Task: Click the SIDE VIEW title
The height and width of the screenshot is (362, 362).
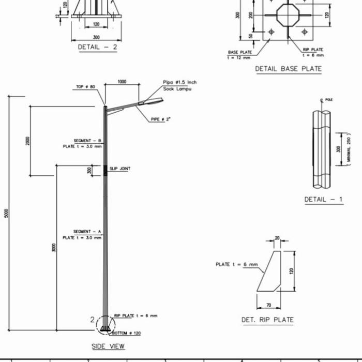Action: tap(108, 346)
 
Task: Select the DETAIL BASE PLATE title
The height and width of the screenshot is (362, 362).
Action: tap(288, 69)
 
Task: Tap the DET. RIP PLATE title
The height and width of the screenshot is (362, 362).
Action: tap(267, 320)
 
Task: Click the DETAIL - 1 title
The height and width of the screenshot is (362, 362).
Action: tap(323, 200)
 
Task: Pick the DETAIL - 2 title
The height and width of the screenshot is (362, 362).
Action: tap(97, 47)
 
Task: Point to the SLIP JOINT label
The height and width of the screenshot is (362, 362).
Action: tap(120, 169)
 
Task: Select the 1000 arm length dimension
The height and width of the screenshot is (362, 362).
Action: tap(122, 82)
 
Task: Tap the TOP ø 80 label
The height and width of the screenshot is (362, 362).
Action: tap(86, 87)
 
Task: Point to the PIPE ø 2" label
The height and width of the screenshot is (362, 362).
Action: tap(161, 119)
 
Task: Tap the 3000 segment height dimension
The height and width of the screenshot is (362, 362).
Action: tap(54, 248)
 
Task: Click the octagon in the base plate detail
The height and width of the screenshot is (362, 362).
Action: tap(288, 15)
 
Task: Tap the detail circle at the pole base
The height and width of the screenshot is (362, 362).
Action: tap(105, 324)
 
